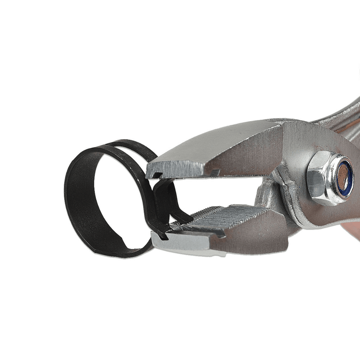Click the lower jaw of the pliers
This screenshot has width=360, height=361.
[242, 232]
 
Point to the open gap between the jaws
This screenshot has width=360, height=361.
[227, 191]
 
